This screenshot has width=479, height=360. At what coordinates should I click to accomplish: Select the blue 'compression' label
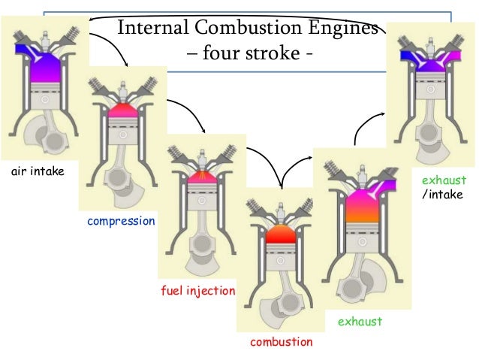pos(121,221)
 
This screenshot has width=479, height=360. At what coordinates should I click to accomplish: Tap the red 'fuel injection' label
pos(198,290)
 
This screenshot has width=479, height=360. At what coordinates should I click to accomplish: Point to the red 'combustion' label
pos(281,342)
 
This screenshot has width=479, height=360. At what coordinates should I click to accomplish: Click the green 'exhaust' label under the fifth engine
pos(360,322)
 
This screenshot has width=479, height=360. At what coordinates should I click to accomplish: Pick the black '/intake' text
pos(443,195)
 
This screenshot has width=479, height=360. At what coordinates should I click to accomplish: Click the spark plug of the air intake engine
pos(44,27)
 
